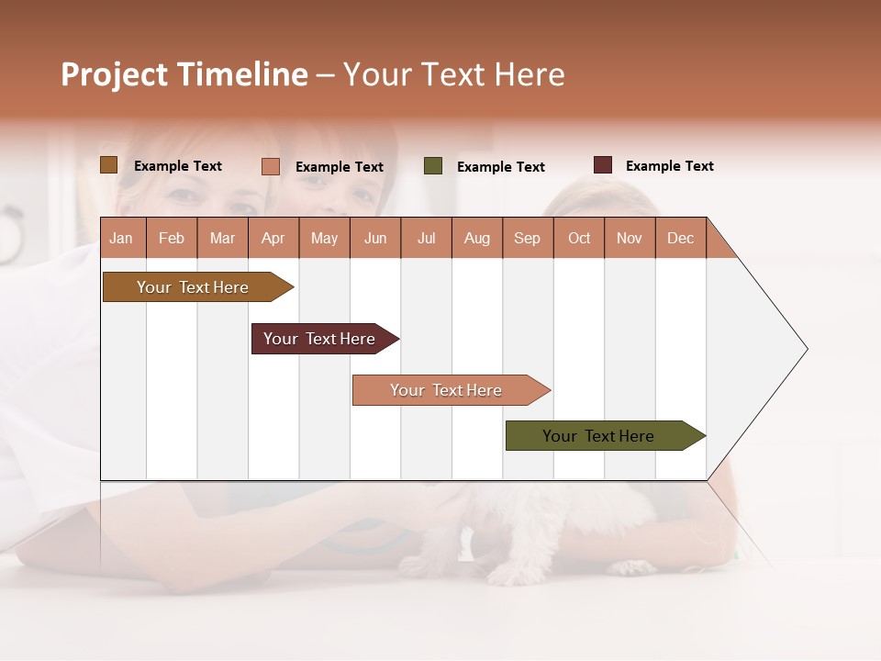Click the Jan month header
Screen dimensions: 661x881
click(122, 238)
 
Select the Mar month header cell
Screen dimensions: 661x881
click(222, 238)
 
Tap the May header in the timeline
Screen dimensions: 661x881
click(324, 238)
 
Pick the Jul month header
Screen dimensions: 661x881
click(426, 238)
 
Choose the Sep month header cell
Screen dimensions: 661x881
click(527, 238)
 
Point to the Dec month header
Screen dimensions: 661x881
click(680, 238)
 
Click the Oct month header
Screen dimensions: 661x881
click(579, 238)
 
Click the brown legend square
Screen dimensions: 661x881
click(108, 165)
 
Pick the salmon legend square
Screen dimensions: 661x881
click(271, 166)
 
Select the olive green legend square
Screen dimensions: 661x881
click(433, 166)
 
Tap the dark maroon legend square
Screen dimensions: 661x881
click(603, 165)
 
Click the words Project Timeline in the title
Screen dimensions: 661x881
click(184, 74)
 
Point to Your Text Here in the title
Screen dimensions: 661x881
click(454, 74)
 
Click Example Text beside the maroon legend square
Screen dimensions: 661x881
click(669, 166)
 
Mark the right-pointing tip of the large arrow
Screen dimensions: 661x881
click(805, 349)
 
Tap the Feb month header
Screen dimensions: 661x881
click(172, 238)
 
